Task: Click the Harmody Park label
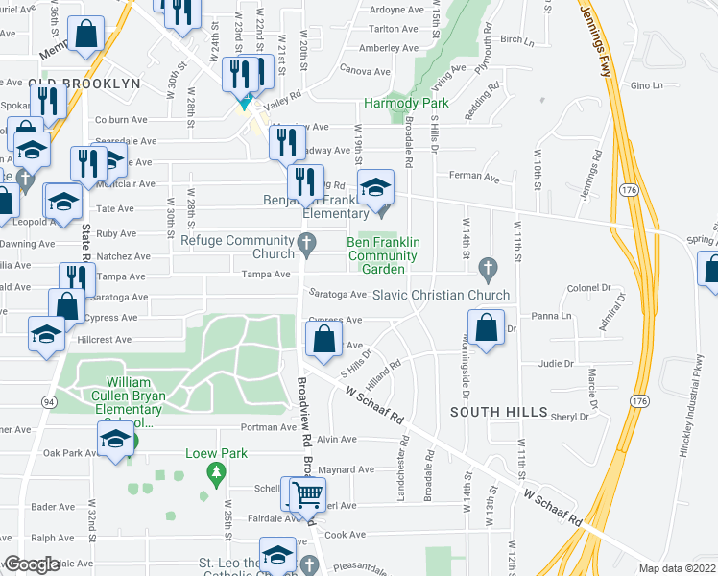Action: tap(406, 103)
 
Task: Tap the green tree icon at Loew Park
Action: tap(217, 472)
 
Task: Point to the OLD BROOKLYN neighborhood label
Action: tap(84, 84)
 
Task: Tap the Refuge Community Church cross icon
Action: tap(307, 245)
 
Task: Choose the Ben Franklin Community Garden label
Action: tap(383, 256)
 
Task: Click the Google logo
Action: tap(31, 564)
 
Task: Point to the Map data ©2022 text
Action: tap(676, 568)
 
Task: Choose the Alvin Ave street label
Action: tap(336, 440)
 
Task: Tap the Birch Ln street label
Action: tap(516, 39)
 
